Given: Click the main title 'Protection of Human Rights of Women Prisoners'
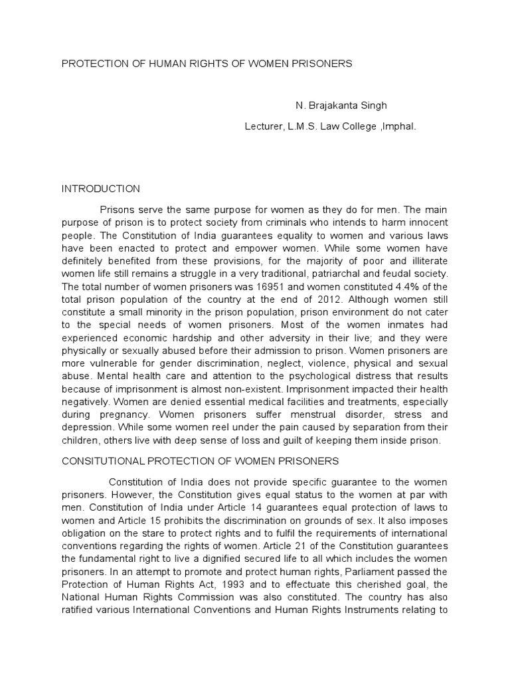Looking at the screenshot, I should [x=207, y=64].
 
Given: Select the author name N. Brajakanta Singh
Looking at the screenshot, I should [x=341, y=106].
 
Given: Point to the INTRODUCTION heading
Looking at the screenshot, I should [x=101, y=189].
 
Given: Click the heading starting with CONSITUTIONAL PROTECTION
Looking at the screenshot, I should [x=201, y=461].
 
